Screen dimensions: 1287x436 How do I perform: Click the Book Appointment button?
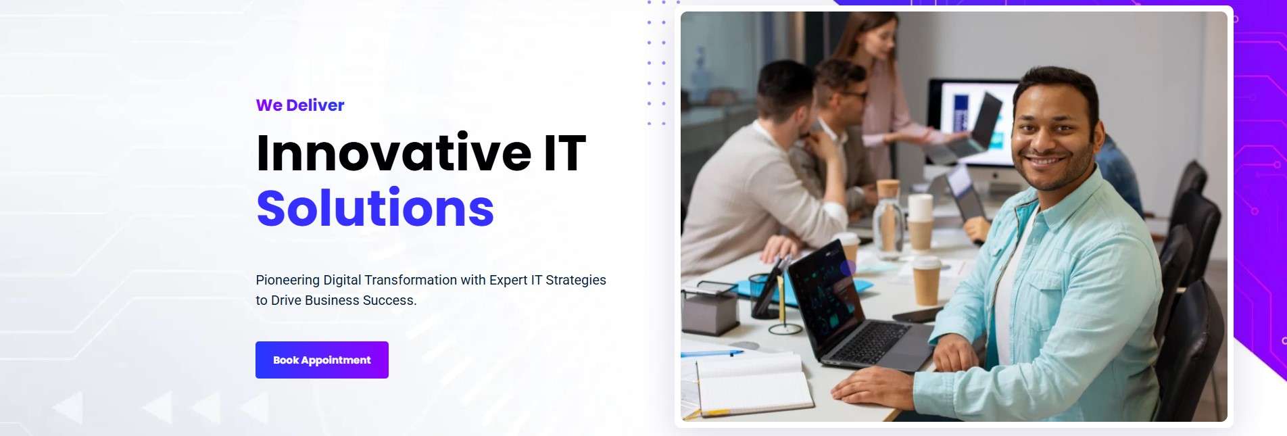click(322, 360)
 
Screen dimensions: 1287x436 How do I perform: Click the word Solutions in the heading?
click(375, 208)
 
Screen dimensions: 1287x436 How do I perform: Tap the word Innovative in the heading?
click(394, 153)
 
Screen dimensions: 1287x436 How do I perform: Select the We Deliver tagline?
click(300, 105)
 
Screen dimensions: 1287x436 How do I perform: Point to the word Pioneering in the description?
click(287, 281)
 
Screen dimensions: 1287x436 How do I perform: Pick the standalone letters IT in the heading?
click(565, 153)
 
